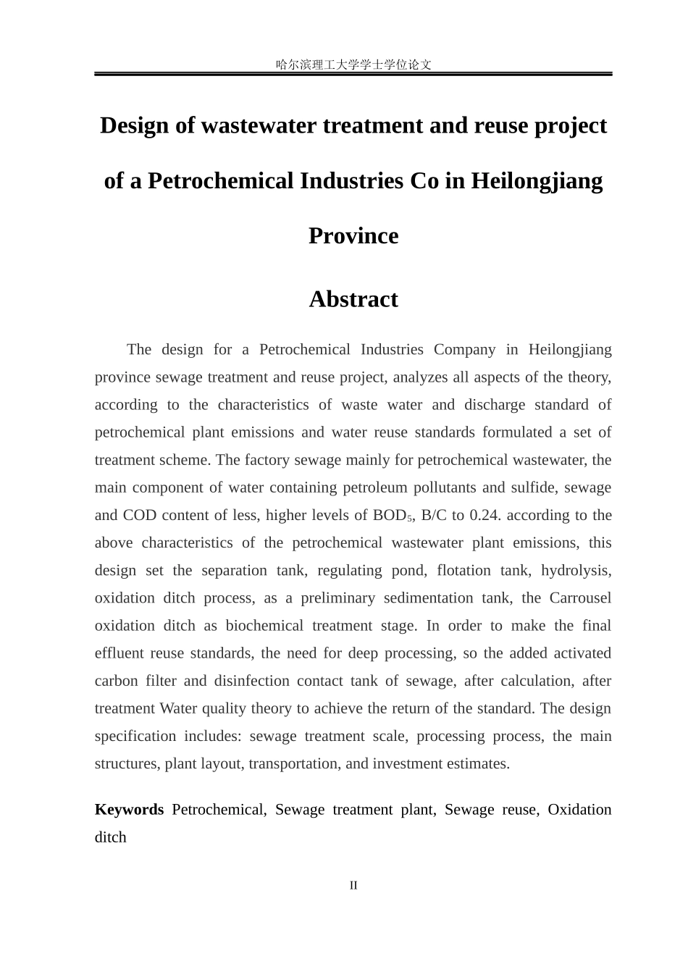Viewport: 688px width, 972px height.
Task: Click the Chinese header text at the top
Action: (x=353, y=64)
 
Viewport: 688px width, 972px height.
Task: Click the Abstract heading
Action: (x=353, y=299)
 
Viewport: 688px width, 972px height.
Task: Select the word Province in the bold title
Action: (x=353, y=236)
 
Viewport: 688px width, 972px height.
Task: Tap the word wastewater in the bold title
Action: (x=259, y=125)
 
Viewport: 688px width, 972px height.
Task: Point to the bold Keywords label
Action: (x=129, y=810)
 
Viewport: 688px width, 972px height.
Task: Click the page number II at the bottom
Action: (x=353, y=885)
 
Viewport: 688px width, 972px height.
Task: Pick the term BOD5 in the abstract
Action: (x=392, y=516)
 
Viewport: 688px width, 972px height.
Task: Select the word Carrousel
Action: (x=580, y=598)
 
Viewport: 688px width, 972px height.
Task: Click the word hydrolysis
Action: (x=576, y=571)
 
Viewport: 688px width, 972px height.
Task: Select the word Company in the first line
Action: (x=464, y=350)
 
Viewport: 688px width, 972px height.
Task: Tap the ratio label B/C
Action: (x=435, y=516)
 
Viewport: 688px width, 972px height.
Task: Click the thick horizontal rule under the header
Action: (x=353, y=74)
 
